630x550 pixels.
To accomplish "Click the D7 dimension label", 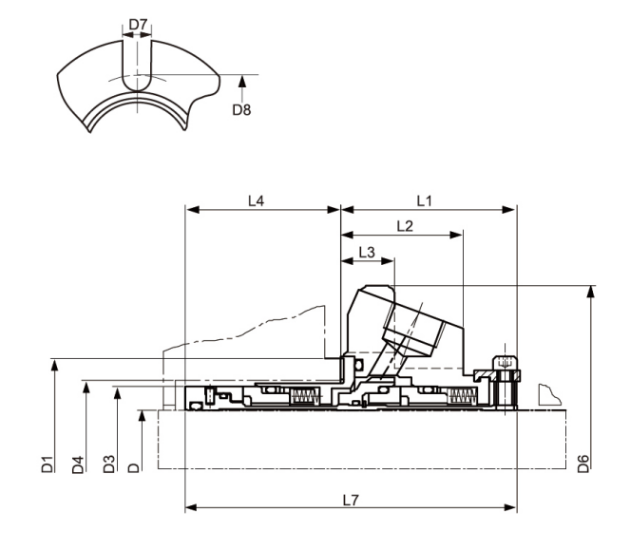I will [137, 22].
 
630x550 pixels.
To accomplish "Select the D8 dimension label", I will [243, 108].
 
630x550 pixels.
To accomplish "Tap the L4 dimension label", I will [256, 200].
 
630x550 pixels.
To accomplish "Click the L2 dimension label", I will [403, 226].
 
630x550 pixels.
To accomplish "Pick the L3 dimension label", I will [367, 252].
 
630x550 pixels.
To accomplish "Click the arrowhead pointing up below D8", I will [243, 79].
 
